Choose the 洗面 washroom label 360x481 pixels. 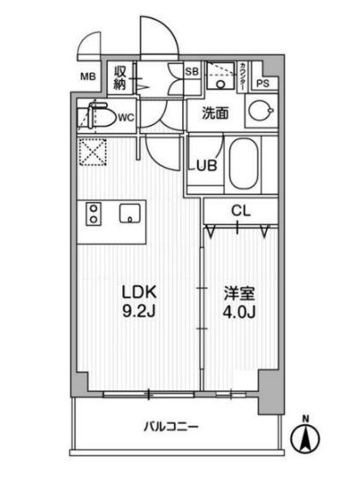(x=215, y=112)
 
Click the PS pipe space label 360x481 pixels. (x=263, y=83)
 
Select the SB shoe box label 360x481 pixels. (x=192, y=72)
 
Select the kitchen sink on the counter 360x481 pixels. (x=131, y=213)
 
